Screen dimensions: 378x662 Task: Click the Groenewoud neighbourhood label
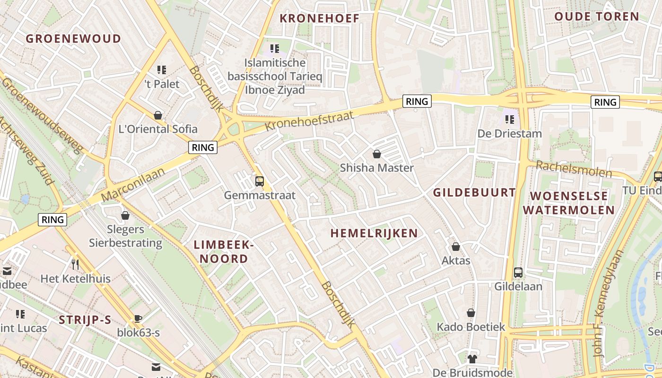pyautogui.click(x=73, y=39)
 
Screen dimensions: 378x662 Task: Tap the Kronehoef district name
pyautogui.click(x=320, y=18)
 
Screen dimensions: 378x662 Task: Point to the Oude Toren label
pyautogui.click(x=597, y=17)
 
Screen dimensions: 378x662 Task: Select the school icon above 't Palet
pyautogui.click(x=162, y=70)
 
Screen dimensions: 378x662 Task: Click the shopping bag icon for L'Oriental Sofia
pyautogui.click(x=158, y=115)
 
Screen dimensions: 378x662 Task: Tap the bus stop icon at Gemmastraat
pyautogui.click(x=259, y=181)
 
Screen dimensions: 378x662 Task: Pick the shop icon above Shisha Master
pyautogui.click(x=377, y=154)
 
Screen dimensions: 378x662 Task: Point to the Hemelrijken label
pyautogui.click(x=374, y=233)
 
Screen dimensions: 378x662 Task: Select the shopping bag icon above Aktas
pyautogui.click(x=456, y=247)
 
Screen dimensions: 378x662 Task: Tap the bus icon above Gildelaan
pyautogui.click(x=518, y=273)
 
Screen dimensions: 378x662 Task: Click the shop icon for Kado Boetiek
pyautogui.click(x=471, y=313)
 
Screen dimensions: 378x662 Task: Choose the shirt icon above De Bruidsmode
pyautogui.click(x=472, y=358)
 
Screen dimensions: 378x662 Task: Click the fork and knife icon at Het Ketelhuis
pyautogui.click(x=75, y=264)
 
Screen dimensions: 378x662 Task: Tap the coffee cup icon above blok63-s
pyautogui.click(x=138, y=318)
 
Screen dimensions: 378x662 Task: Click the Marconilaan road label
pyautogui.click(x=133, y=184)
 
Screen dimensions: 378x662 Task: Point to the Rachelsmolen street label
pyautogui.click(x=574, y=169)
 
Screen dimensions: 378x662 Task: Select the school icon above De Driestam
pyautogui.click(x=509, y=119)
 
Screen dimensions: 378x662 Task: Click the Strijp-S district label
pyautogui.click(x=85, y=320)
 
